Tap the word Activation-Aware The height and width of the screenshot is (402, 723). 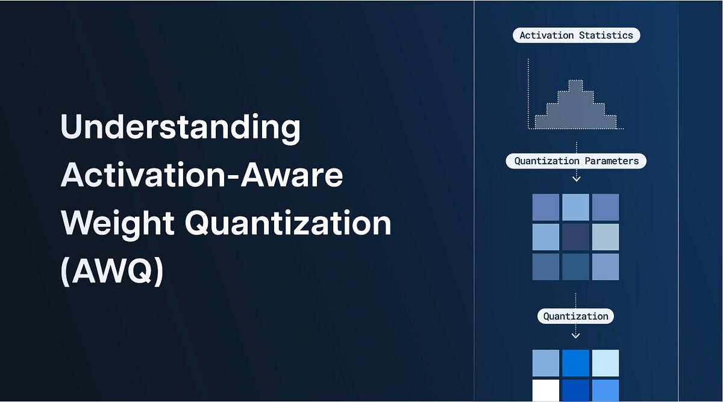[x=202, y=175]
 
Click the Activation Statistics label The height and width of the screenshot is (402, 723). [x=576, y=36]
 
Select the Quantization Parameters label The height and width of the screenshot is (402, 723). [x=576, y=161]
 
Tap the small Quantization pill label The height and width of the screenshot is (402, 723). [x=575, y=317]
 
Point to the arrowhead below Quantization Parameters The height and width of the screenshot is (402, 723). [x=576, y=179]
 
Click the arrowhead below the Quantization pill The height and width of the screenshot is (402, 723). [x=576, y=334]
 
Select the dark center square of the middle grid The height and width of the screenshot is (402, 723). [x=575, y=237]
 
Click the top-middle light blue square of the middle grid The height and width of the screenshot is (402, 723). [x=575, y=207]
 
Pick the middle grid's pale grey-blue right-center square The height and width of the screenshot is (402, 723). [x=606, y=237]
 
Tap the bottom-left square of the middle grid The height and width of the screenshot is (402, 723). [x=545, y=267]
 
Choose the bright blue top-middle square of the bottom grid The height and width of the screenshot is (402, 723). [x=575, y=363]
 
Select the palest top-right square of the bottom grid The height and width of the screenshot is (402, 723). [x=606, y=363]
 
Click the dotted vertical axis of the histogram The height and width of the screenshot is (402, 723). [x=528, y=93]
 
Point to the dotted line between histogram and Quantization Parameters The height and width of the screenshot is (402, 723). [x=576, y=147]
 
